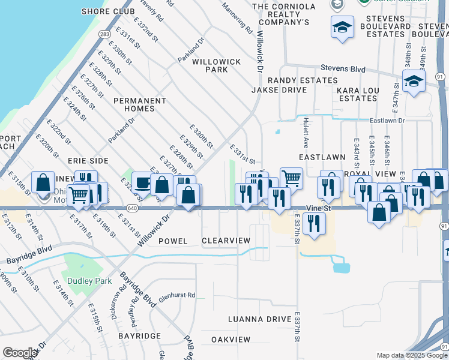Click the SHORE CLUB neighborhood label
pyautogui.click(x=107, y=11)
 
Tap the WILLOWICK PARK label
pyautogui.click(x=216, y=65)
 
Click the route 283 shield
pyautogui.click(x=104, y=35)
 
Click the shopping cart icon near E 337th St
pyautogui.click(x=291, y=178)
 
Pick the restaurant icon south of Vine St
pyautogui.click(x=313, y=223)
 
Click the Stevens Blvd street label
pyautogui.click(x=343, y=68)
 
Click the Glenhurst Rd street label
pyautogui.click(x=177, y=296)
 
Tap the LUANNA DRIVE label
pyautogui.click(x=260, y=319)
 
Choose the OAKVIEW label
pyautogui.click(x=231, y=339)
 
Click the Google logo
pyautogui.click(x=20, y=353)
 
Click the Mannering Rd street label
pyautogui.click(x=237, y=17)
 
